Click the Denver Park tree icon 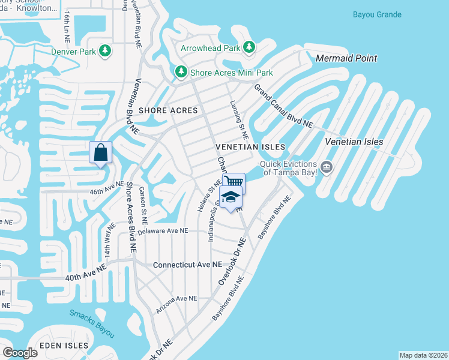[x=106, y=51]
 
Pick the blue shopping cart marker [x=234, y=181]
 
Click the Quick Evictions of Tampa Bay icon [x=327, y=166]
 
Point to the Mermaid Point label [x=346, y=58]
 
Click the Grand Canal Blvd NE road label [x=283, y=106]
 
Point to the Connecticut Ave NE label [x=187, y=265]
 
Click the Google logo [x=20, y=352]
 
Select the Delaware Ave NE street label [x=163, y=230]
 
